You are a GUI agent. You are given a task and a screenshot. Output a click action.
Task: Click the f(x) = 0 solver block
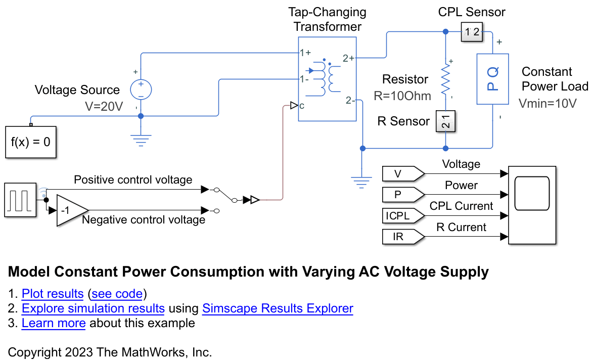pyautogui.click(x=30, y=142)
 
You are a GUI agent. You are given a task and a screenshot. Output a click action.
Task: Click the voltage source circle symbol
pyautogui.click(x=141, y=89)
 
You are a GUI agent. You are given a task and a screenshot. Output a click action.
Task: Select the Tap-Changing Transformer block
pyautogui.click(x=327, y=79)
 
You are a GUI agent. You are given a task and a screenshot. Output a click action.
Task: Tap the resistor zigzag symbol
pyautogui.click(x=445, y=79)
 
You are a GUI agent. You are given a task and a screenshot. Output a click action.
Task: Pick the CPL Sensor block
pyautogui.click(x=471, y=31)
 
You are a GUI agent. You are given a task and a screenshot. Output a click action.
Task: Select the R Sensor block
pyautogui.click(x=445, y=121)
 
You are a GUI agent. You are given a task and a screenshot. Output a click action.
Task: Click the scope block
pyautogui.click(x=532, y=205)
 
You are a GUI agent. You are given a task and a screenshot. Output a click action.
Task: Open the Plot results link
pyautogui.click(x=53, y=294)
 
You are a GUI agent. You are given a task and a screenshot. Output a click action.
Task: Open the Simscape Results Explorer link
pyautogui.click(x=278, y=308)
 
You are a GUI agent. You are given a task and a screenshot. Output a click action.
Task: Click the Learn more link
pyautogui.click(x=54, y=323)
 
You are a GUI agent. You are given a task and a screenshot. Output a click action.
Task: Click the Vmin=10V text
pyautogui.click(x=548, y=103)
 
